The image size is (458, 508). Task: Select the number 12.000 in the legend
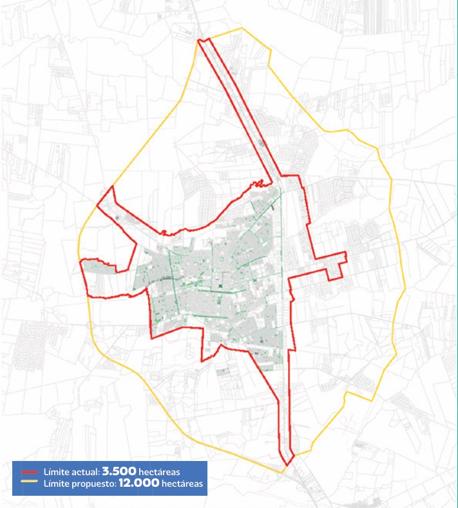[x=138, y=483]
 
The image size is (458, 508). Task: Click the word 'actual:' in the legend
[x=84, y=472]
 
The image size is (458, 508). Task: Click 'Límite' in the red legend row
[x=55, y=472]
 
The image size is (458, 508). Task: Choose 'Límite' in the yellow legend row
[x=55, y=484]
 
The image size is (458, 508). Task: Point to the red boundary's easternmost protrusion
[x=346, y=258]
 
